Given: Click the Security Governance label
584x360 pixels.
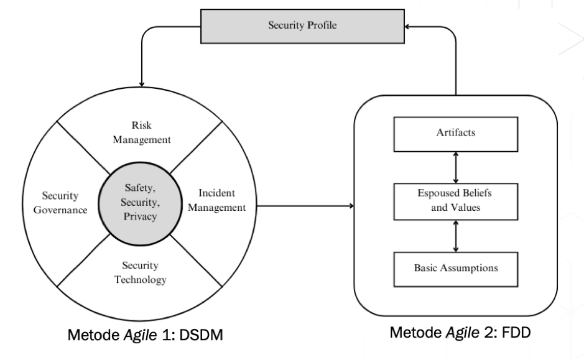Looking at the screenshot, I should (x=61, y=203).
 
